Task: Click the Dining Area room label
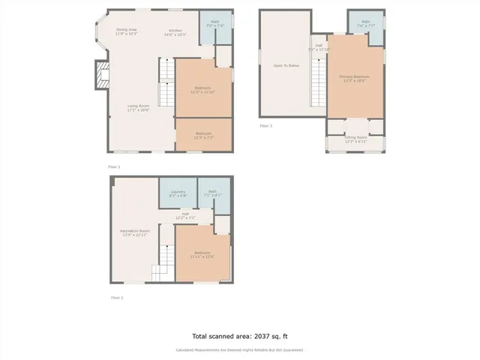coord(126,31)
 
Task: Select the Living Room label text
coord(138,108)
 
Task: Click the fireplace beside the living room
coord(100,75)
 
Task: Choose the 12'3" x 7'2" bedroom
coord(203,135)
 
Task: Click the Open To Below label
coord(285,65)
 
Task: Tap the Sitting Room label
coord(355,139)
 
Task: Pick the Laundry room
coord(178,193)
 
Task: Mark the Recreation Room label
coord(135,232)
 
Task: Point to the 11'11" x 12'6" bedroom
coord(202,254)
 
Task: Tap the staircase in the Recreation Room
coord(163,274)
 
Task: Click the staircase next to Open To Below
coord(318,82)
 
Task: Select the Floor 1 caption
coord(117,298)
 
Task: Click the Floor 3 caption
coord(265,125)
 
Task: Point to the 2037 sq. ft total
coord(239,337)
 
